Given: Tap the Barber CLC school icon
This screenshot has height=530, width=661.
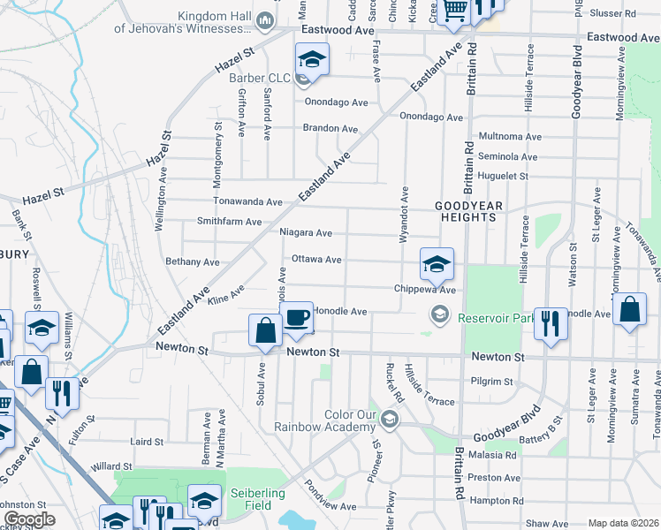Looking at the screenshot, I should pos(312,59).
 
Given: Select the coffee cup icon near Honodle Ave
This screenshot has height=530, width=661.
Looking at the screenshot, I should pos(297,316).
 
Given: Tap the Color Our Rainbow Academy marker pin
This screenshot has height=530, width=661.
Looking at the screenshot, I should pos(389,419).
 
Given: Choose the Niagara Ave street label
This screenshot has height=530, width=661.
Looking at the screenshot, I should pos(305,233).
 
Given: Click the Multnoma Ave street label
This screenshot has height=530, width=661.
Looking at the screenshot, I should pos(509,137).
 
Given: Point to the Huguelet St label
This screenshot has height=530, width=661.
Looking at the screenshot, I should pos(502,176).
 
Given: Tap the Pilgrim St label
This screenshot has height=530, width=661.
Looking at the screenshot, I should pos(494,382).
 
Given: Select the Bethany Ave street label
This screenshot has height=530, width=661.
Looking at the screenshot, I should pos(192,262).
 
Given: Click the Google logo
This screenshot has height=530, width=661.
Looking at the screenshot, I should pos(29,519).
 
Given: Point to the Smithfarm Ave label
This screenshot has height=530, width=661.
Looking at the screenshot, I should pos(229,222).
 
